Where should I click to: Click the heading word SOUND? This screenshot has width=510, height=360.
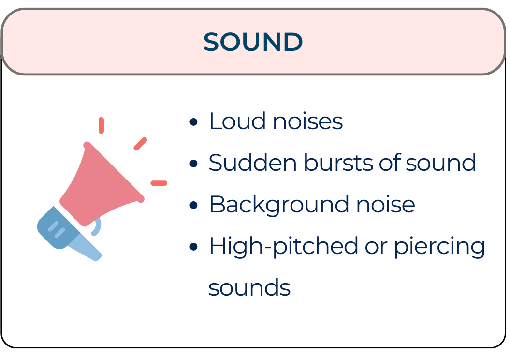pyautogui.click(x=253, y=43)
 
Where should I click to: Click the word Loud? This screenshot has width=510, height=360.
pyautogui.click(x=235, y=121)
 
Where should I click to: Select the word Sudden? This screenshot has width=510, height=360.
pyautogui.click(x=252, y=163)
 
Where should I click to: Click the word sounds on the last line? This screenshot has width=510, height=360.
pyautogui.click(x=249, y=288)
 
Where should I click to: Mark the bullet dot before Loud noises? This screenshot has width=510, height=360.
pyautogui.click(x=194, y=122)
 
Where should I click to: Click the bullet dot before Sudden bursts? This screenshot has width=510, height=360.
pyautogui.click(x=194, y=164)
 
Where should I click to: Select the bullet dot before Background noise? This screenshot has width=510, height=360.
pyautogui.click(x=194, y=205)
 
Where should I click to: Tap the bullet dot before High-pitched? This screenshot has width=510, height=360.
pyautogui.click(x=194, y=247)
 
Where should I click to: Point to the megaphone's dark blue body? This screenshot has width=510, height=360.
pyautogui.click(x=54, y=227)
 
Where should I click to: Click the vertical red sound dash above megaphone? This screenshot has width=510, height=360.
pyautogui.click(x=101, y=125)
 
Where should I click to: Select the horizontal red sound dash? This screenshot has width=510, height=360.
pyautogui.click(x=159, y=183)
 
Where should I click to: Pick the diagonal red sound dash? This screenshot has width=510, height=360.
pyautogui.click(x=140, y=144)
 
